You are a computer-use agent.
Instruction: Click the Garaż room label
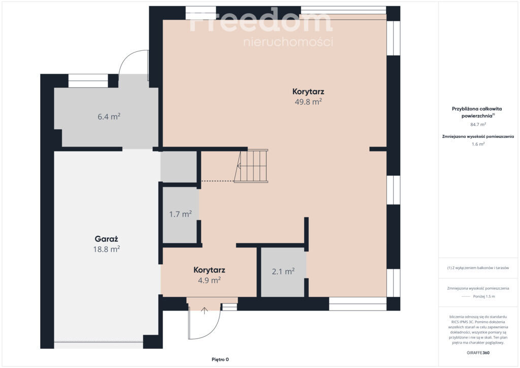pos(106,239)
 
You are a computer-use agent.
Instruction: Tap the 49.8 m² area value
pos(308,102)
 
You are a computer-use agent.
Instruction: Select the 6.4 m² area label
pos(109,116)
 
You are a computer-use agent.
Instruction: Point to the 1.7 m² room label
pos(180,214)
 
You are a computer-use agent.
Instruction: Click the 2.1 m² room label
pos(283,271)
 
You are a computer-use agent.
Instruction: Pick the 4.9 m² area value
pos(209,281)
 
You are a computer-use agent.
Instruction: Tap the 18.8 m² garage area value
pos(107,249)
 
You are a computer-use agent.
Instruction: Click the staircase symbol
pos(251,166)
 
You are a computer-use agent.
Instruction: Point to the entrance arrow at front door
pos(205,311)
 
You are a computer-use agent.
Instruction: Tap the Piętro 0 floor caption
pos(220,359)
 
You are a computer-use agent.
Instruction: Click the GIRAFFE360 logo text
pos(478,353)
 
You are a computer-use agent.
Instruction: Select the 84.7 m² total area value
pos(478,125)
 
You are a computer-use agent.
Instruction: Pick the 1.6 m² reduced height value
pos(478,144)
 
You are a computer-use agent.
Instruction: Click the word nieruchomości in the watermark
pos(288,42)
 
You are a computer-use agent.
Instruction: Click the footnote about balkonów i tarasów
pos(478,268)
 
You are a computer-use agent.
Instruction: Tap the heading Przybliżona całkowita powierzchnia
pos(477,112)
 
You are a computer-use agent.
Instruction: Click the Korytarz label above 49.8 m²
pos(308,91)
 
